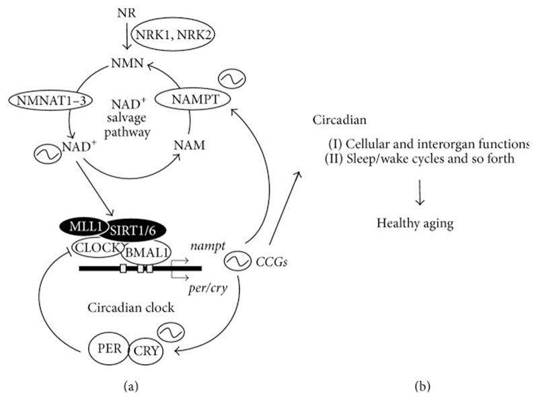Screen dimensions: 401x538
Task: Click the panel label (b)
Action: [424, 387]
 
